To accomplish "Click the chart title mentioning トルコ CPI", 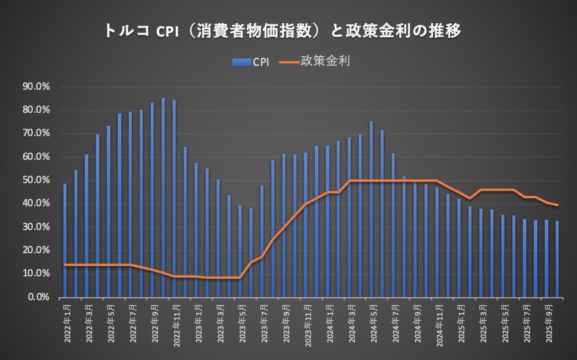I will tap(281, 31).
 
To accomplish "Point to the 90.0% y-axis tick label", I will tap(37, 87).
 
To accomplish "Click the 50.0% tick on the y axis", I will tap(37, 181).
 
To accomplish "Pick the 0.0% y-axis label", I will tap(38, 297).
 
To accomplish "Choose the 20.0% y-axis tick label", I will tap(37, 250).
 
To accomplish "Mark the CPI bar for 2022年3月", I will tap(87, 225).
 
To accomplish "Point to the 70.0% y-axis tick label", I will tap(37, 134).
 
